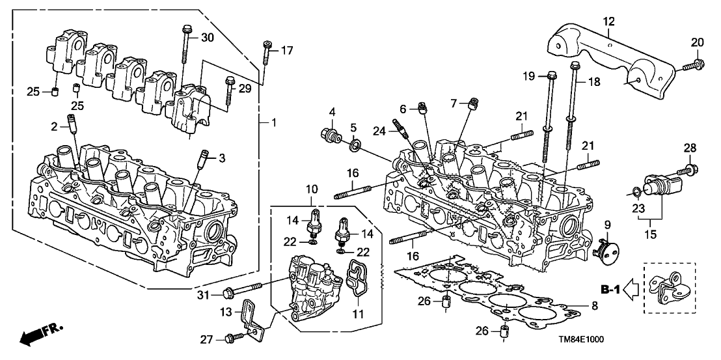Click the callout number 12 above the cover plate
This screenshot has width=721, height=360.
608,21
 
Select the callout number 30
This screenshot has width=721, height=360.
207,37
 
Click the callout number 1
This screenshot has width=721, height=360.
274,122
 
